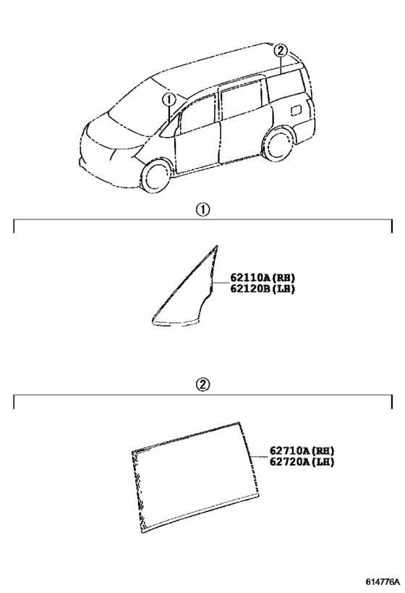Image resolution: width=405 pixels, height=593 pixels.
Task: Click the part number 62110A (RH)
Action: pyautogui.click(x=263, y=278)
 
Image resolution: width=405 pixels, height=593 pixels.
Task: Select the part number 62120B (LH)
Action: pyautogui.click(x=263, y=289)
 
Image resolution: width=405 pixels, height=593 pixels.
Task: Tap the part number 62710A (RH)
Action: pyautogui.click(x=302, y=451)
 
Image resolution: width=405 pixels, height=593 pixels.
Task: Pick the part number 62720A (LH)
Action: pyautogui.click(x=302, y=462)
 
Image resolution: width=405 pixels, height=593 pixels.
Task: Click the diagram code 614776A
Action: pyautogui.click(x=383, y=581)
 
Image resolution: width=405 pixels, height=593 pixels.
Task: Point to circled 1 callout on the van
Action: pyautogui.click(x=169, y=100)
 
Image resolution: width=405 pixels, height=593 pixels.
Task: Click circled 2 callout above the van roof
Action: pyautogui.click(x=281, y=50)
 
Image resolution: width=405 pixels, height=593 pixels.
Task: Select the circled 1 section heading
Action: pyautogui.click(x=202, y=209)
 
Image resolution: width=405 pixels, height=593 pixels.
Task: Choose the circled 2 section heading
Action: pyautogui.click(x=202, y=384)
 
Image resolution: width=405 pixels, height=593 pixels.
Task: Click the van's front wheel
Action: pyautogui.click(x=155, y=177)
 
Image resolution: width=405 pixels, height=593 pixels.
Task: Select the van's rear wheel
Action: pyautogui.click(x=278, y=146)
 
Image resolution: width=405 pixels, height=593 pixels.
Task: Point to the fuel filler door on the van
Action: pyautogui.click(x=296, y=109)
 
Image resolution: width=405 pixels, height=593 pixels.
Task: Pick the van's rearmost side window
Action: pyautogui.click(x=286, y=89)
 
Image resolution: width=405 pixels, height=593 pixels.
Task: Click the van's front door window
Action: pyautogui.click(x=197, y=117)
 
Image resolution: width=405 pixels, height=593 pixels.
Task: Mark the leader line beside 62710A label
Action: pyautogui.click(x=260, y=456)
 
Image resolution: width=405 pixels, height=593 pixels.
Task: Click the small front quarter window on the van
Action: pyautogui.click(x=171, y=127)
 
